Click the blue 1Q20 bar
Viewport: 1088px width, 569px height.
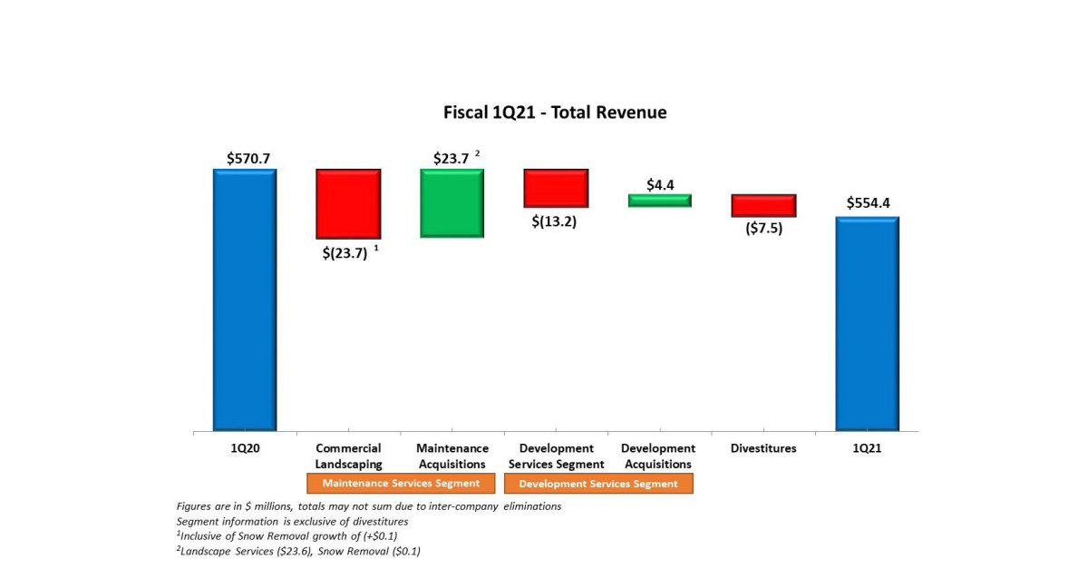245,299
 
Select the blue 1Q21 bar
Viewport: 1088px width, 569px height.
867,323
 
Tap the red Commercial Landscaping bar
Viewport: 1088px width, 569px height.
348,203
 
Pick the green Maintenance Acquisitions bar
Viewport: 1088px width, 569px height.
452,202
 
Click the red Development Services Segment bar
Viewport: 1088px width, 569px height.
556,188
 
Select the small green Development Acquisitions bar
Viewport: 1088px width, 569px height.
660,201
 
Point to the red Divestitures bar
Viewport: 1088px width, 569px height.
763,205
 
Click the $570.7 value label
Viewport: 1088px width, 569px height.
248,158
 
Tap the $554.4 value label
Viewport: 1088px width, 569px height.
869,203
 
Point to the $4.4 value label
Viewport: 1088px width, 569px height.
660,184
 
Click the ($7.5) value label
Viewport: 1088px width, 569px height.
763,229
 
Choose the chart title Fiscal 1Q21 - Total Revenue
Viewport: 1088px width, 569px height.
555,113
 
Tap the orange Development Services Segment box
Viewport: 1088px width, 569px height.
598,484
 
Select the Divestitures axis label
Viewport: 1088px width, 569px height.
763,448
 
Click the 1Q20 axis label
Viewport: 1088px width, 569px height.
245,448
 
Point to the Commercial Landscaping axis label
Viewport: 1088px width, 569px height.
348,456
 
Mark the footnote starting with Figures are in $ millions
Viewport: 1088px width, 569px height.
368,506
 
